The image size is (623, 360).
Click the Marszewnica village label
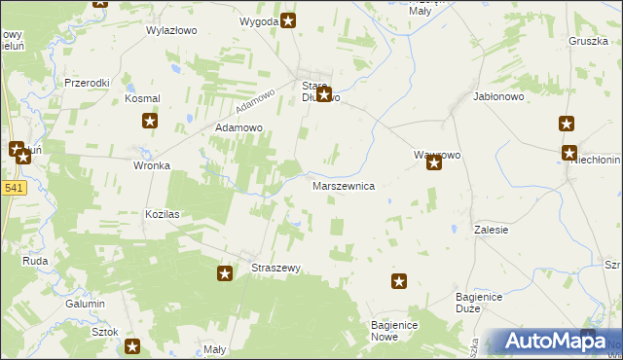pyautogui.click(x=343, y=185)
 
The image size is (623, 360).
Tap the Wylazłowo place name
pyautogui.click(x=171, y=30)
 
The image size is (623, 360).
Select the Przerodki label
pyautogui.click(x=87, y=83)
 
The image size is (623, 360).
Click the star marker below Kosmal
pyautogui.click(x=150, y=121)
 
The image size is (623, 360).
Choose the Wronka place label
pyautogui.click(x=152, y=165)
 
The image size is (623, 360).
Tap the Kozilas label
pyautogui.click(x=165, y=213)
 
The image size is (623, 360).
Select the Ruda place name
pyautogui.click(x=36, y=261)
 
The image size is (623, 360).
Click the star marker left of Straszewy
pyautogui.click(x=225, y=273)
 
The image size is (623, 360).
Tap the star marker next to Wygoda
pyautogui.click(x=289, y=19)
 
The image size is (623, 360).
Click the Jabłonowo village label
pyautogui.click(x=498, y=97)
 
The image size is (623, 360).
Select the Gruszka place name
pyautogui.click(x=588, y=41)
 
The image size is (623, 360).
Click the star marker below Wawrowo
pyautogui.click(x=434, y=162)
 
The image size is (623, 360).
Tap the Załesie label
pyautogui.click(x=492, y=230)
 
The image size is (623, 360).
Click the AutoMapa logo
pyautogui.click(x=550, y=341)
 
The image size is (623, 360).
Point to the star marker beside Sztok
pyautogui.click(x=132, y=345)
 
